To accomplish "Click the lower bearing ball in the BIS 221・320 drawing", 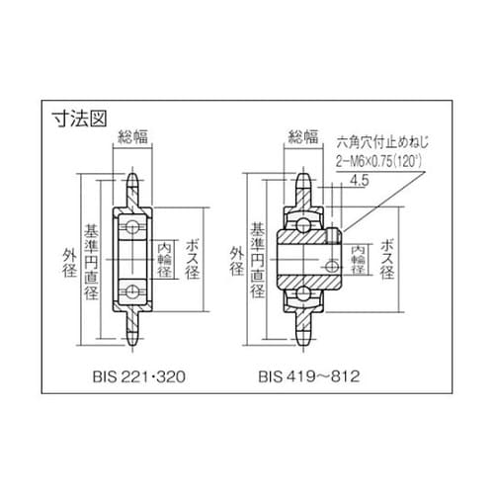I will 131,291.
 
